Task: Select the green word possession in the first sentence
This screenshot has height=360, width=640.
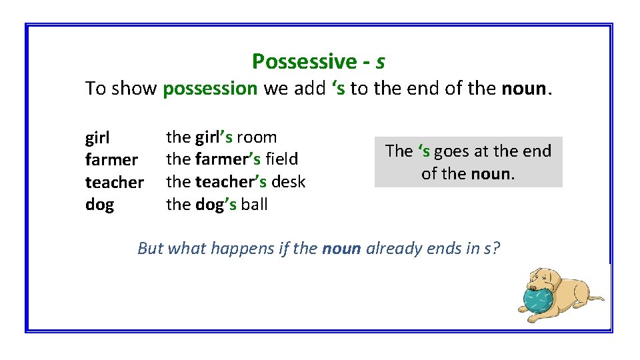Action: pyautogui.click(x=210, y=88)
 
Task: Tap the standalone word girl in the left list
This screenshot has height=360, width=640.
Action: pyautogui.click(x=97, y=139)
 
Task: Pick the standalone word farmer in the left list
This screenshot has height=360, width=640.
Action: pyautogui.click(x=111, y=160)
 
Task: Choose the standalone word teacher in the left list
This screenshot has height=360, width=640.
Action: pyautogui.click(x=115, y=182)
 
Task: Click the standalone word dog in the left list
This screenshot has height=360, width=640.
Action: pyautogui.click(x=99, y=205)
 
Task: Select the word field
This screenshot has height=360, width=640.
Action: pyautogui.click(x=281, y=159)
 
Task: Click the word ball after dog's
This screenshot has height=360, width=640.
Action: pyautogui.click(x=254, y=204)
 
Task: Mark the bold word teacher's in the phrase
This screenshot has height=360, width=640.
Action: pyautogui.click(x=231, y=181)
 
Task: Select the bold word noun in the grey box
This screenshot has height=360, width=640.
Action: pyautogui.click(x=492, y=174)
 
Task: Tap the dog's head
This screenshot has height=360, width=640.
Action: pyautogui.click(x=543, y=280)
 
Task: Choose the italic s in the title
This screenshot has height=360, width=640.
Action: pyautogui.click(x=380, y=62)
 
